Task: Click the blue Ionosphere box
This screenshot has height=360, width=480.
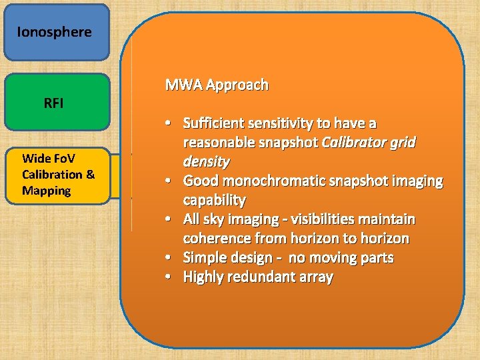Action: [56, 33]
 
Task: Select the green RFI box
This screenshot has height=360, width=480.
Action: [56, 102]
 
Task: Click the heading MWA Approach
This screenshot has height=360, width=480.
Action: [217, 85]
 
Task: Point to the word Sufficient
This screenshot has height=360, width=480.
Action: [213, 123]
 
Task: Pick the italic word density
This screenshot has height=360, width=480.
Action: [206, 162]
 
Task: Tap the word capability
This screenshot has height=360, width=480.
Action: [214, 200]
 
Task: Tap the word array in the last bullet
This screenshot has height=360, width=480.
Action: [315, 277]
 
